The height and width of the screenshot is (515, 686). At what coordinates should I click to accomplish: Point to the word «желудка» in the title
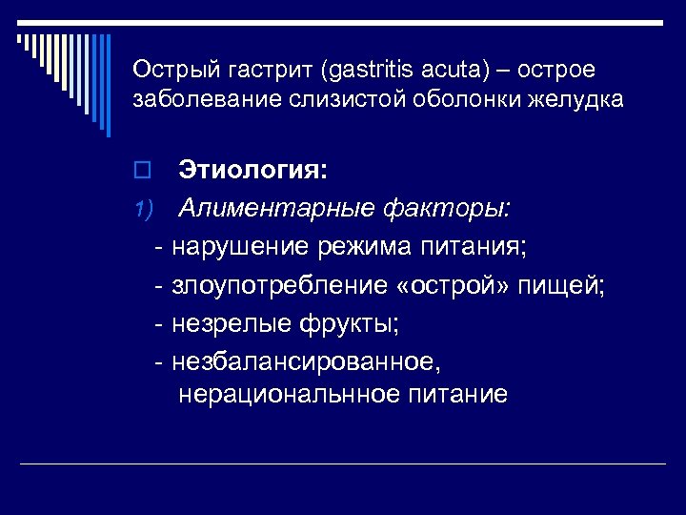pos(580,99)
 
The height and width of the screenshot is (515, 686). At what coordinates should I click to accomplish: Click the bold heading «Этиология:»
pos(252,172)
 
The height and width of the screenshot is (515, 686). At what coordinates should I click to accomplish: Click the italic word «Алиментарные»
pos(276,208)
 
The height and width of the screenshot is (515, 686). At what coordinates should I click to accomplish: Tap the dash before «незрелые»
pos(159,324)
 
